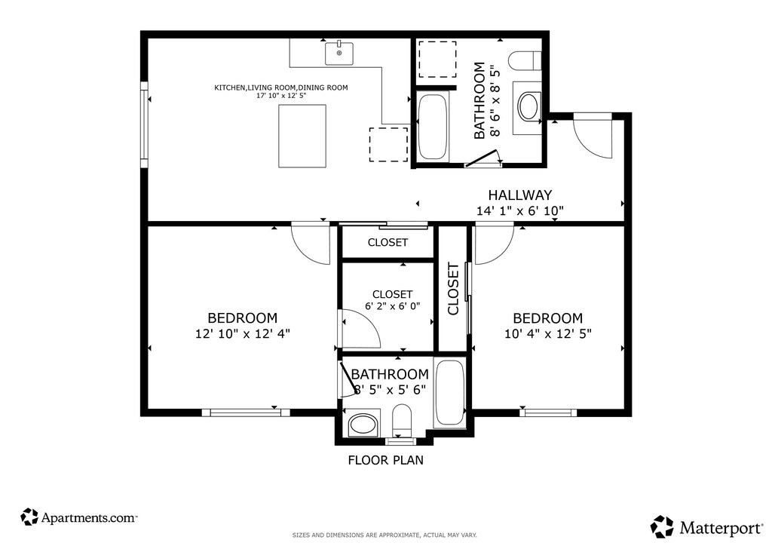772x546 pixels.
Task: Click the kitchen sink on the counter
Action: pos(339,54)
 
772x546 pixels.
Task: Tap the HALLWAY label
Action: pos(520,195)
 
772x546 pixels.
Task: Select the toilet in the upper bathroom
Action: pos(525,61)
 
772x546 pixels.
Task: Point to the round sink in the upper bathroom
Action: pos(528,107)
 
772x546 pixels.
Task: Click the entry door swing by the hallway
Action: pos(593,139)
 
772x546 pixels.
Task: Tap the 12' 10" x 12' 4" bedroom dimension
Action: pos(243,334)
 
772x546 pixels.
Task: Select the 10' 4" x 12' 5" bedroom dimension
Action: pos(548,334)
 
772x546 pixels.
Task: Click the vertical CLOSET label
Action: pos(453,289)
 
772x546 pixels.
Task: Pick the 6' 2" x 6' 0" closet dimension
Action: pos(392,305)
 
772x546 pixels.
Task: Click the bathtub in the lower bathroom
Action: pos(449,393)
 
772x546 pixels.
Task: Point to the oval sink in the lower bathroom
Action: pos(363,424)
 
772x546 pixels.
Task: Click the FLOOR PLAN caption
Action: pos(385,460)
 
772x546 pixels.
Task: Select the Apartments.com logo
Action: pos(78,517)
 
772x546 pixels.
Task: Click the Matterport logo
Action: pos(706,527)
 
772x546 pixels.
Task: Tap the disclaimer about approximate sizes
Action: pos(384,535)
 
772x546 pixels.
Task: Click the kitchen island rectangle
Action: pos(302,136)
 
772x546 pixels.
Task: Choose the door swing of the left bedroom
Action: pos(310,244)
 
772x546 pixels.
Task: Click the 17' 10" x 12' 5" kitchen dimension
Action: pos(281,96)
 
